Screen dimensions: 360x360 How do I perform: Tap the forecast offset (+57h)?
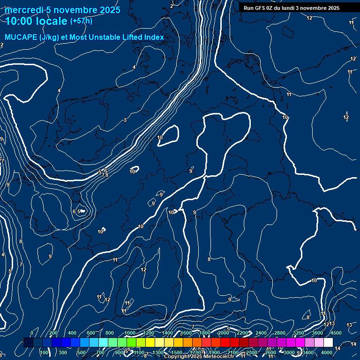pos(81,21)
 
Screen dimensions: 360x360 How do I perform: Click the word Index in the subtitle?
pos(153,37)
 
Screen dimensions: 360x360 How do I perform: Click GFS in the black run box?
pos(260,8)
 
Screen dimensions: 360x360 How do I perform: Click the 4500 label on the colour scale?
pos(336,333)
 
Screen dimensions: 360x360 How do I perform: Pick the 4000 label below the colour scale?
pos(327,352)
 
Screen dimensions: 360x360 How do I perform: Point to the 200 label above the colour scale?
pos(53,333)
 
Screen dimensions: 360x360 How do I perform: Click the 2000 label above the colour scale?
pos(223,333)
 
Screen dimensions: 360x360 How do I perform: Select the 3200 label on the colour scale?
pos(299,333)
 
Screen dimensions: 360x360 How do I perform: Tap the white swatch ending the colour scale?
pos(328,343)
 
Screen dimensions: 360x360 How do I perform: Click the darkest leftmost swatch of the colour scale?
pos(28,343)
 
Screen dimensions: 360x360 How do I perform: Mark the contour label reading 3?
pos(125,120)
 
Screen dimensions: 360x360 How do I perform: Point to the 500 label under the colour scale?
pos(82,352)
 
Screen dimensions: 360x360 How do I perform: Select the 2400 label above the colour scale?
pos(261,333)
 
